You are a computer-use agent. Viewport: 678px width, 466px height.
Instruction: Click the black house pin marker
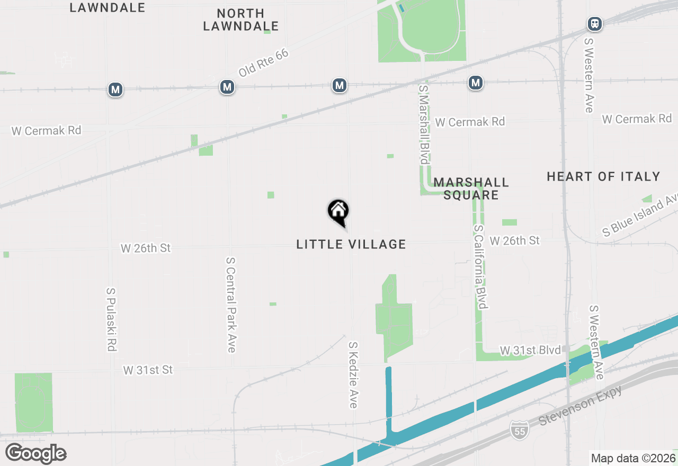[x=338, y=212]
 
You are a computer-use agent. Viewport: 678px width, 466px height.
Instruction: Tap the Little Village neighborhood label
[x=351, y=244]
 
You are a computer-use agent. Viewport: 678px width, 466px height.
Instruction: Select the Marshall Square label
[x=471, y=189]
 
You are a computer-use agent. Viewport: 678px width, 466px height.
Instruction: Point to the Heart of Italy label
[x=603, y=176]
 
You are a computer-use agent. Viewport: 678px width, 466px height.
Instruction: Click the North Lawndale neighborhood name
[x=241, y=20]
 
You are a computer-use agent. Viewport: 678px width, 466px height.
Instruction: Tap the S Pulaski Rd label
[x=111, y=320]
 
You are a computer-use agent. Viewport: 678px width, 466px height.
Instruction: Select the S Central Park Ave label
[x=230, y=305]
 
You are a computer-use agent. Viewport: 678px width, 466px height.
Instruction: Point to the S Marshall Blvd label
[x=424, y=124]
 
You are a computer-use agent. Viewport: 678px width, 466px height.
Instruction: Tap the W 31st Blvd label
[x=530, y=351]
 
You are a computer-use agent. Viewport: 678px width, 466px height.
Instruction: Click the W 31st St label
[x=148, y=370]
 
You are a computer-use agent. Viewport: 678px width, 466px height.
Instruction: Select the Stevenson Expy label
[x=580, y=406]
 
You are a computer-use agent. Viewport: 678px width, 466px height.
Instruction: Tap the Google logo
[x=36, y=454]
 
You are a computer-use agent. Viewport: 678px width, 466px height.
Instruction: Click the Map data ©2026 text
[x=632, y=458]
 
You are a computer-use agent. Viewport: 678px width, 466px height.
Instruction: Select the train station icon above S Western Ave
[x=595, y=24]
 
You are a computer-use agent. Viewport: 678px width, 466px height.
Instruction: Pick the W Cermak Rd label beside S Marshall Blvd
[x=470, y=122]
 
